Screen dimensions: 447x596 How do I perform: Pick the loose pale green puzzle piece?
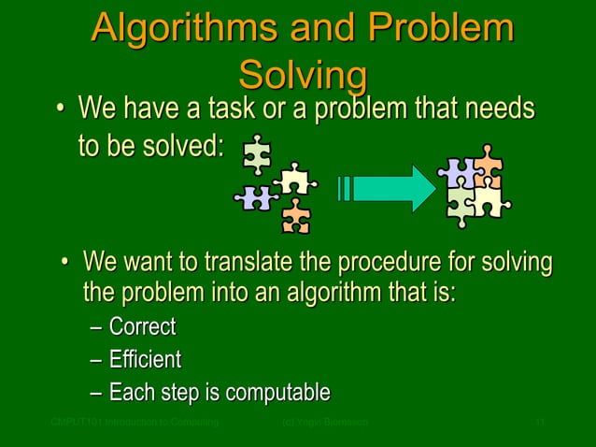click(256, 155)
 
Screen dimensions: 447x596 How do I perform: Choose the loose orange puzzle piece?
click(296, 216)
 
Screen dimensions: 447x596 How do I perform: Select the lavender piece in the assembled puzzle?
click(458, 172)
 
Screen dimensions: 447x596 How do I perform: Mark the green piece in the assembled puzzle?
click(461, 203)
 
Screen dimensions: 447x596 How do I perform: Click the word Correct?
click(142, 328)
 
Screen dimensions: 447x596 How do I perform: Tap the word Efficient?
click(145, 360)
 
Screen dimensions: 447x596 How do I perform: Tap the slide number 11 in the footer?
click(539, 424)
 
